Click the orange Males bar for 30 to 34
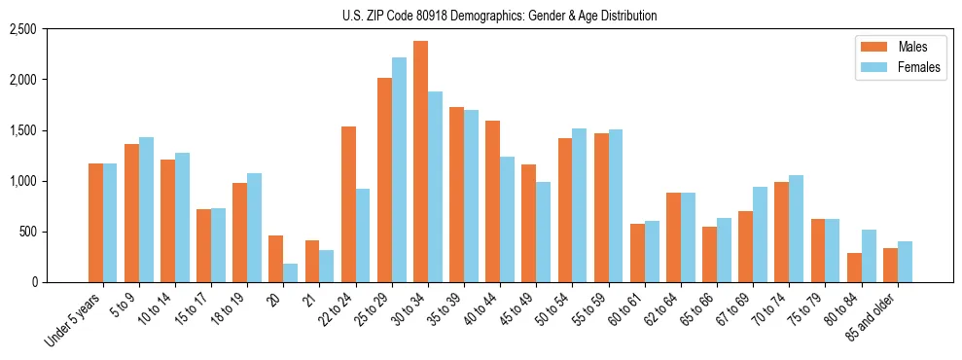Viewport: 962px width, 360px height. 420,162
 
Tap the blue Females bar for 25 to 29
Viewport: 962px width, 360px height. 399,170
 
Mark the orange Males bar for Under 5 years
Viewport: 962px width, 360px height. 95,223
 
